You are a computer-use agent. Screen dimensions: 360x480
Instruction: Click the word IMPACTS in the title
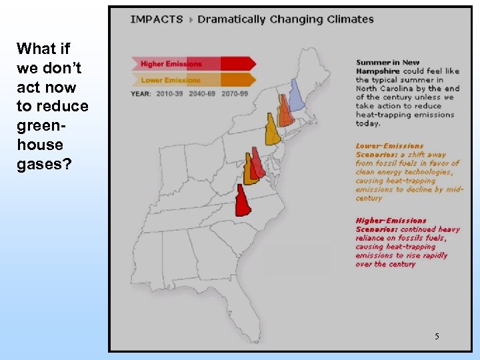point(156,19)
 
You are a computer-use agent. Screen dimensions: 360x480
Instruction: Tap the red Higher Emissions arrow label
point(171,64)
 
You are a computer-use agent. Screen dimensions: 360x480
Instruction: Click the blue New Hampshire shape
point(297,95)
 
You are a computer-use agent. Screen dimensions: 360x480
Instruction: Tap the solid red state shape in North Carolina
point(243,201)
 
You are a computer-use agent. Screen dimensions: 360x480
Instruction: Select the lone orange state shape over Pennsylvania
point(272,130)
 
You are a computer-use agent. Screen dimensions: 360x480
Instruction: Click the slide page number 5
point(437,336)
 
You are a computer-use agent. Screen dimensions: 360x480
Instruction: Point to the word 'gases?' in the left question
point(39,164)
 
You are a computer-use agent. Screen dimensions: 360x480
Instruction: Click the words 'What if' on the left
point(43,49)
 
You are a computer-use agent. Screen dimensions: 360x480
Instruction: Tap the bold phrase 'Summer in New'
point(388,63)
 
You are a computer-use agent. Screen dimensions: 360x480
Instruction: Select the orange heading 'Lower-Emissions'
point(389,145)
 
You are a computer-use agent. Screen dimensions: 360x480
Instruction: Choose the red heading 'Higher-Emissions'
point(391,220)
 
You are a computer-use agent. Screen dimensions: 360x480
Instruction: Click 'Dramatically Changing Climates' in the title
point(285,19)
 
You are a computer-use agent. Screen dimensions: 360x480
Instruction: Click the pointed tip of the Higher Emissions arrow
point(253,64)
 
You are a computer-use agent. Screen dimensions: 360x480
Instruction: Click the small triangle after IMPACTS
point(191,19)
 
